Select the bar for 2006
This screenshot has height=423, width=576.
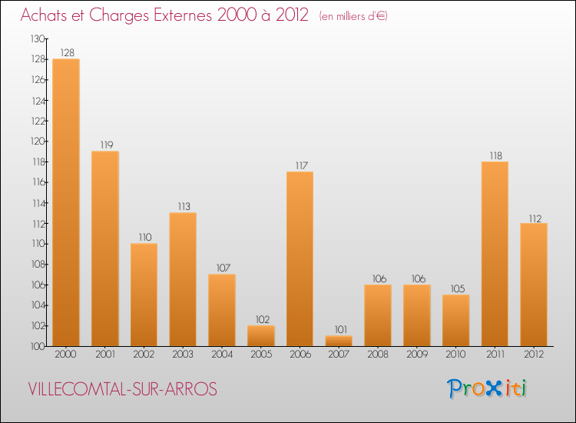tap(300, 258)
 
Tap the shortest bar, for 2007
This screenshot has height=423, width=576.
tap(339, 341)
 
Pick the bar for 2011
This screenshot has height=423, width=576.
tap(495, 254)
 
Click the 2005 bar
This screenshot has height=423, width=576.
tap(260, 335)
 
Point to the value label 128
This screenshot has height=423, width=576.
tap(66, 53)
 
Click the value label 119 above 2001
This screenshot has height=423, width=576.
tap(105, 145)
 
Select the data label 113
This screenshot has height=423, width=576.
tap(183, 207)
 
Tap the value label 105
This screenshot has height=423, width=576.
tap(455, 288)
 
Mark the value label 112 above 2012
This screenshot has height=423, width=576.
tap(534, 217)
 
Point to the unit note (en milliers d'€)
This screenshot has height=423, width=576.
tap(353, 16)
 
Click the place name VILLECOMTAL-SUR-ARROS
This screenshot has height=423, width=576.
tap(122, 389)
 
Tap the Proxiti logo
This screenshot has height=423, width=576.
tap(488, 388)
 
